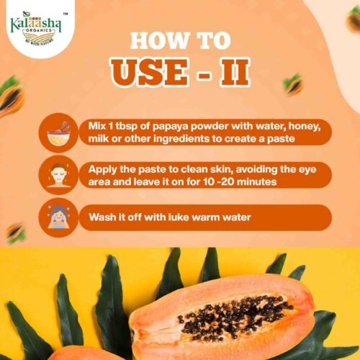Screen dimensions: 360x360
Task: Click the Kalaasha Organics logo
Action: pos(35,28)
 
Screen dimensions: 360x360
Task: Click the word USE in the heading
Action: pos(149,73)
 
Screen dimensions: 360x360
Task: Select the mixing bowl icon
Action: pos(58,132)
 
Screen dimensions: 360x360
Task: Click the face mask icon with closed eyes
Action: pos(58,175)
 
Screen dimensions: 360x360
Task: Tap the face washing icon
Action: pos(58,217)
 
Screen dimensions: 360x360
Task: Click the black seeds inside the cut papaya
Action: pos(235,315)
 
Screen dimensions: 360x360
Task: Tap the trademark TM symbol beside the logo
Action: pos(65,14)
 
